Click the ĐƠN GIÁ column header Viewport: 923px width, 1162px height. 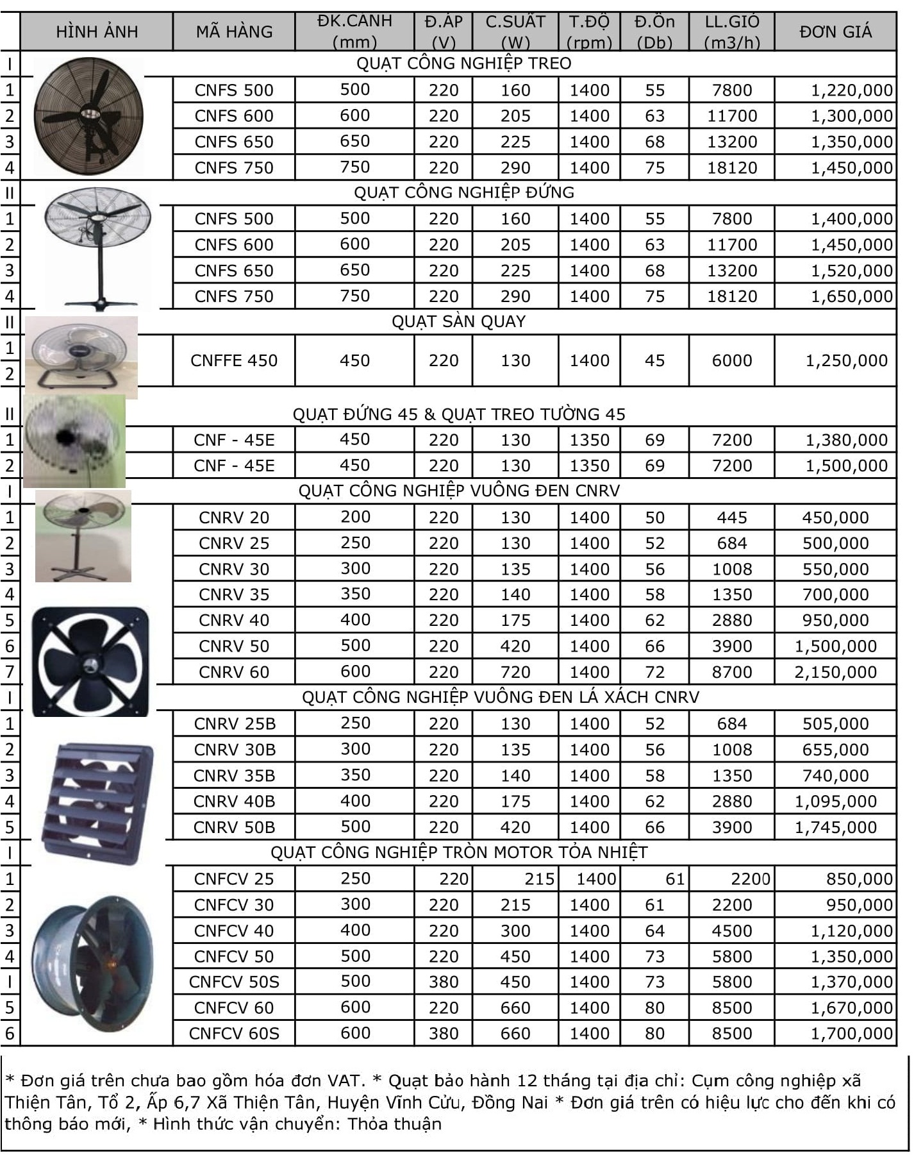[x=835, y=31]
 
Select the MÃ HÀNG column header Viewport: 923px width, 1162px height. [x=234, y=31]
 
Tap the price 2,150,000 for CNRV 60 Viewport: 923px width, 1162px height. [x=835, y=672]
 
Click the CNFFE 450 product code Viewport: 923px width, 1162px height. [x=234, y=360]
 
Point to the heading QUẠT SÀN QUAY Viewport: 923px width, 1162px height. [x=458, y=321]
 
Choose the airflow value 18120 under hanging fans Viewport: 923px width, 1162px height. [x=732, y=168]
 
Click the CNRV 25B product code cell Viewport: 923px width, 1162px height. [x=234, y=724]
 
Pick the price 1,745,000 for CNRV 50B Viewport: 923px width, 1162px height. [x=835, y=827]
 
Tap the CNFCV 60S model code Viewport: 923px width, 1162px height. [x=234, y=1033]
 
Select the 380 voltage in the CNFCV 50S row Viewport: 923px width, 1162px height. [x=444, y=982]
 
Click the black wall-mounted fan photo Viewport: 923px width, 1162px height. [x=88, y=116]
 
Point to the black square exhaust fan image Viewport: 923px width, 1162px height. [x=90, y=661]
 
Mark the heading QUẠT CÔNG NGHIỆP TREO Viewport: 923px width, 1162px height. [x=463, y=63]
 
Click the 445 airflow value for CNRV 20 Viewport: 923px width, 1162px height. [x=732, y=518]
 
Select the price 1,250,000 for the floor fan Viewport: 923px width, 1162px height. [x=846, y=360]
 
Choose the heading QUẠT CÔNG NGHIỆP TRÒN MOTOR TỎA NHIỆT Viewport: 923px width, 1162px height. [x=459, y=852]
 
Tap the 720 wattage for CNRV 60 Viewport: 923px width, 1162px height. [x=515, y=672]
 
